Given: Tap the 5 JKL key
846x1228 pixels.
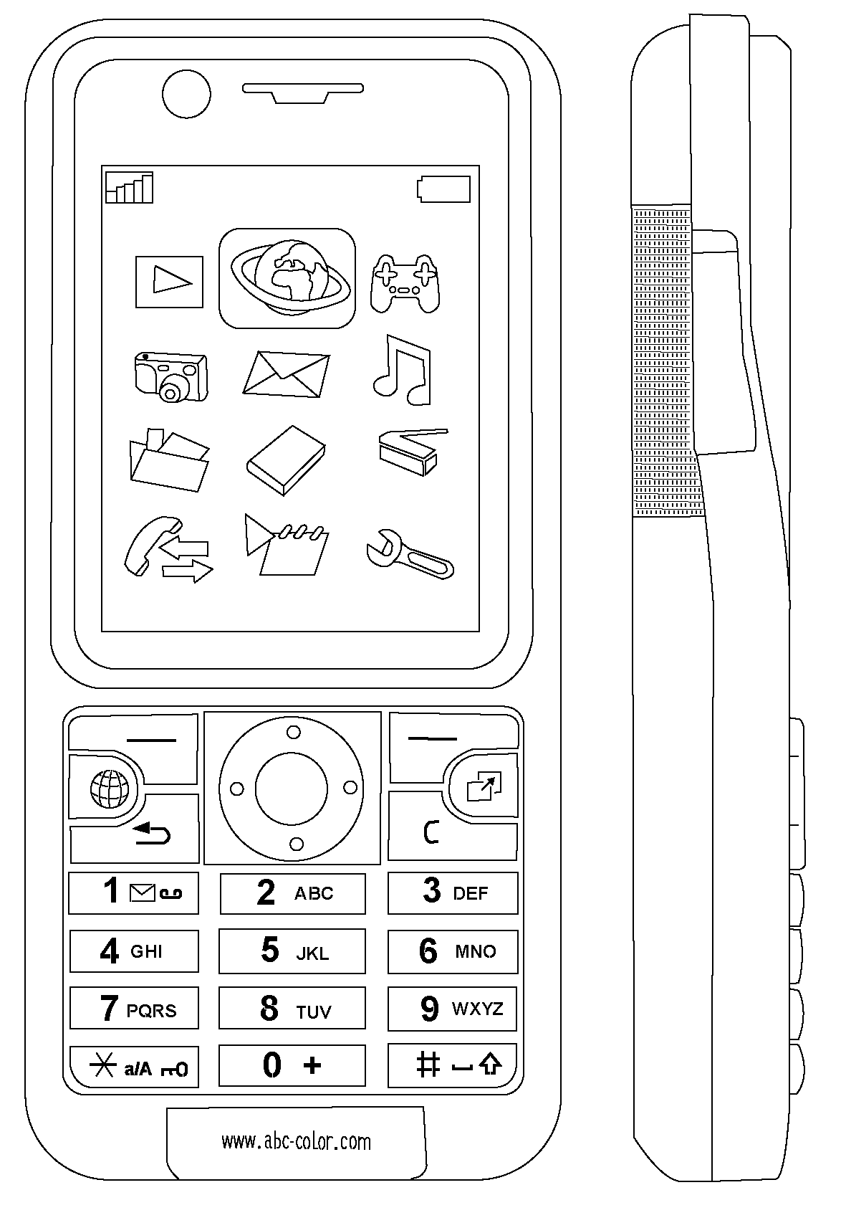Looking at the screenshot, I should [292, 951].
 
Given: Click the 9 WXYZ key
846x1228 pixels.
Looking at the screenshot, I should [452, 1009].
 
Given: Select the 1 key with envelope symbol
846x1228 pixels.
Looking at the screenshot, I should [133, 893].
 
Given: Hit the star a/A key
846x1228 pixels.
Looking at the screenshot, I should [134, 1067].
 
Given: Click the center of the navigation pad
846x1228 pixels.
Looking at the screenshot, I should [292, 788].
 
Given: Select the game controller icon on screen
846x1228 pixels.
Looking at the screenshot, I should [405, 284].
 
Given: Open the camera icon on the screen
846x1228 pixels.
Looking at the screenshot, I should [170, 376].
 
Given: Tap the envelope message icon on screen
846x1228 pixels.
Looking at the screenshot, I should [287, 373].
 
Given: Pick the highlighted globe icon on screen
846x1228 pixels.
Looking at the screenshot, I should [287, 278].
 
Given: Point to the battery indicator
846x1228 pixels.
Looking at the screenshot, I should [444, 189].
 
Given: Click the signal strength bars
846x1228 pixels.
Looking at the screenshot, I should [130, 188].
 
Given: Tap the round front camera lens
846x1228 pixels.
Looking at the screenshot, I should [186, 93].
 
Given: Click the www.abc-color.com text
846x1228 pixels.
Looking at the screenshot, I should [296, 1141].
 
